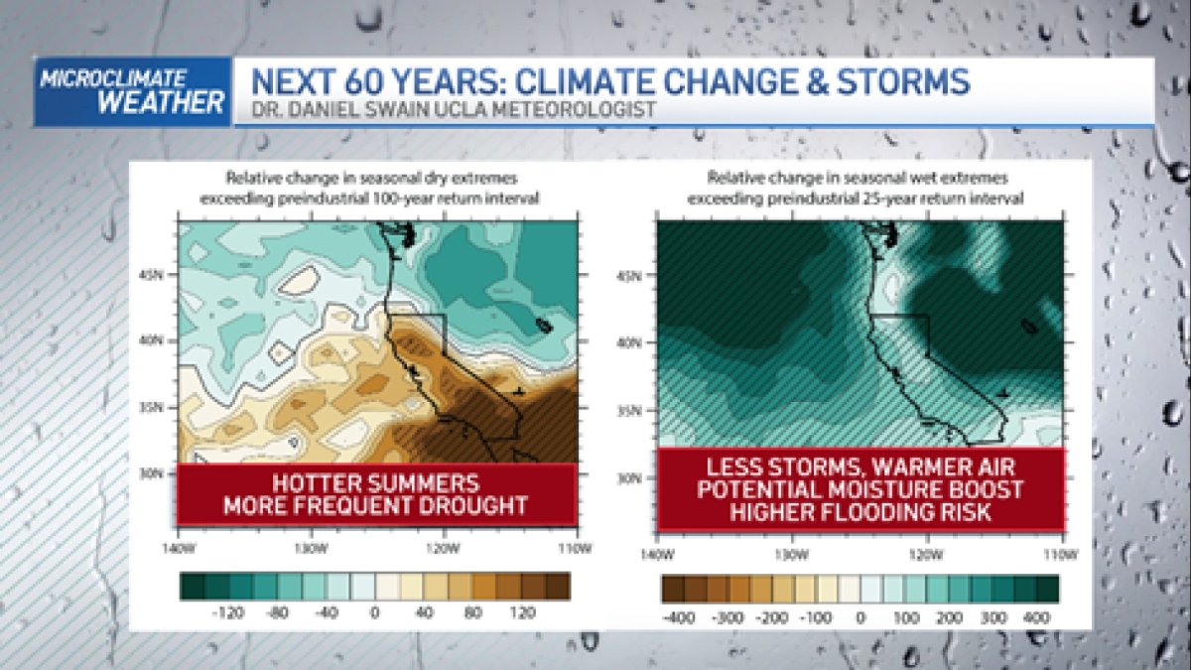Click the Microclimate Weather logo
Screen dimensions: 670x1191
click(x=132, y=91)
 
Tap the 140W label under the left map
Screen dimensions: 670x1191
click(x=179, y=547)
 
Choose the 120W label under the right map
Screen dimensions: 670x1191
click(x=926, y=552)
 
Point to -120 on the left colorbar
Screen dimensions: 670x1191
click(x=229, y=613)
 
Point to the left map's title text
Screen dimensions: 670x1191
click(x=376, y=189)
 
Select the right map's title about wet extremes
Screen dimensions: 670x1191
click(x=859, y=189)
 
